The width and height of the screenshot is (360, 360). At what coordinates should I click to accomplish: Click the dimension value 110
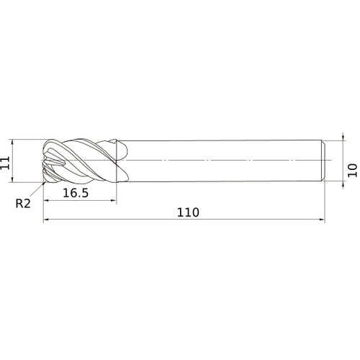(188, 212)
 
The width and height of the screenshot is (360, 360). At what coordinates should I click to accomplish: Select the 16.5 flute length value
(76, 193)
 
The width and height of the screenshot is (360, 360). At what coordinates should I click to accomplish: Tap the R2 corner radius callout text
(23, 204)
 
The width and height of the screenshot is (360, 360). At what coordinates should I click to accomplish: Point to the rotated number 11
(5, 163)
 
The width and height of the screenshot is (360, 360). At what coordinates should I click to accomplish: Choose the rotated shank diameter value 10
(353, 170)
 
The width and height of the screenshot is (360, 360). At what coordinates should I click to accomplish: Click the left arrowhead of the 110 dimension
(46, 219)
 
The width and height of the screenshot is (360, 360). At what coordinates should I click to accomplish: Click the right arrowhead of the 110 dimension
(322, 219)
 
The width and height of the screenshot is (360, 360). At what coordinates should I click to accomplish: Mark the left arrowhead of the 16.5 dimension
(46, 200)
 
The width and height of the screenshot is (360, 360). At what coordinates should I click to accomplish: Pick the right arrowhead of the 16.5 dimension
(114, 200)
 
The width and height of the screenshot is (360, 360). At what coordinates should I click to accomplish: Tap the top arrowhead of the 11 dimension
(12, 142)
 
